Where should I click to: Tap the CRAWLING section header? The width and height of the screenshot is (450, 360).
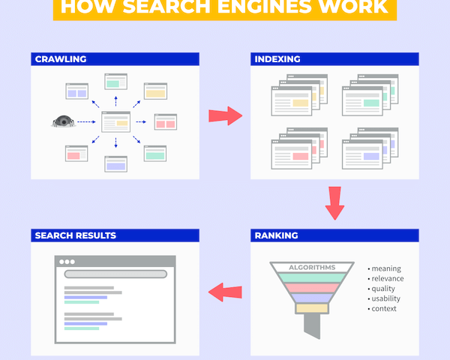[61, 58]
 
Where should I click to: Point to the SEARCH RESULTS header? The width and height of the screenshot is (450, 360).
[75, 235]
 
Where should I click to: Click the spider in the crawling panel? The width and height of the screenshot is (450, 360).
[64, 121]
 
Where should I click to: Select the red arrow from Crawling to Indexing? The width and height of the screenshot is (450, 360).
[224, 115]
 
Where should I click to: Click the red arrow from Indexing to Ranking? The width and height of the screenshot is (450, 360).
[334, 202]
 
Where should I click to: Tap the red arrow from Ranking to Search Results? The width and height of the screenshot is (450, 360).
[224, 292]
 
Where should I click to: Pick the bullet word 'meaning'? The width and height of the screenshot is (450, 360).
[387, 268]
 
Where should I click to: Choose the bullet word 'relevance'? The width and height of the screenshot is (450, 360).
[389, 278]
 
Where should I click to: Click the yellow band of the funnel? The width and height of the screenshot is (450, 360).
[311, 307]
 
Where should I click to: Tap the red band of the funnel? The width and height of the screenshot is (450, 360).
[311, 287]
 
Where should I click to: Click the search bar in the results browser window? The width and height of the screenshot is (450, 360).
[115, 274]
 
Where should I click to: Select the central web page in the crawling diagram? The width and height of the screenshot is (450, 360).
[115, 121]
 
